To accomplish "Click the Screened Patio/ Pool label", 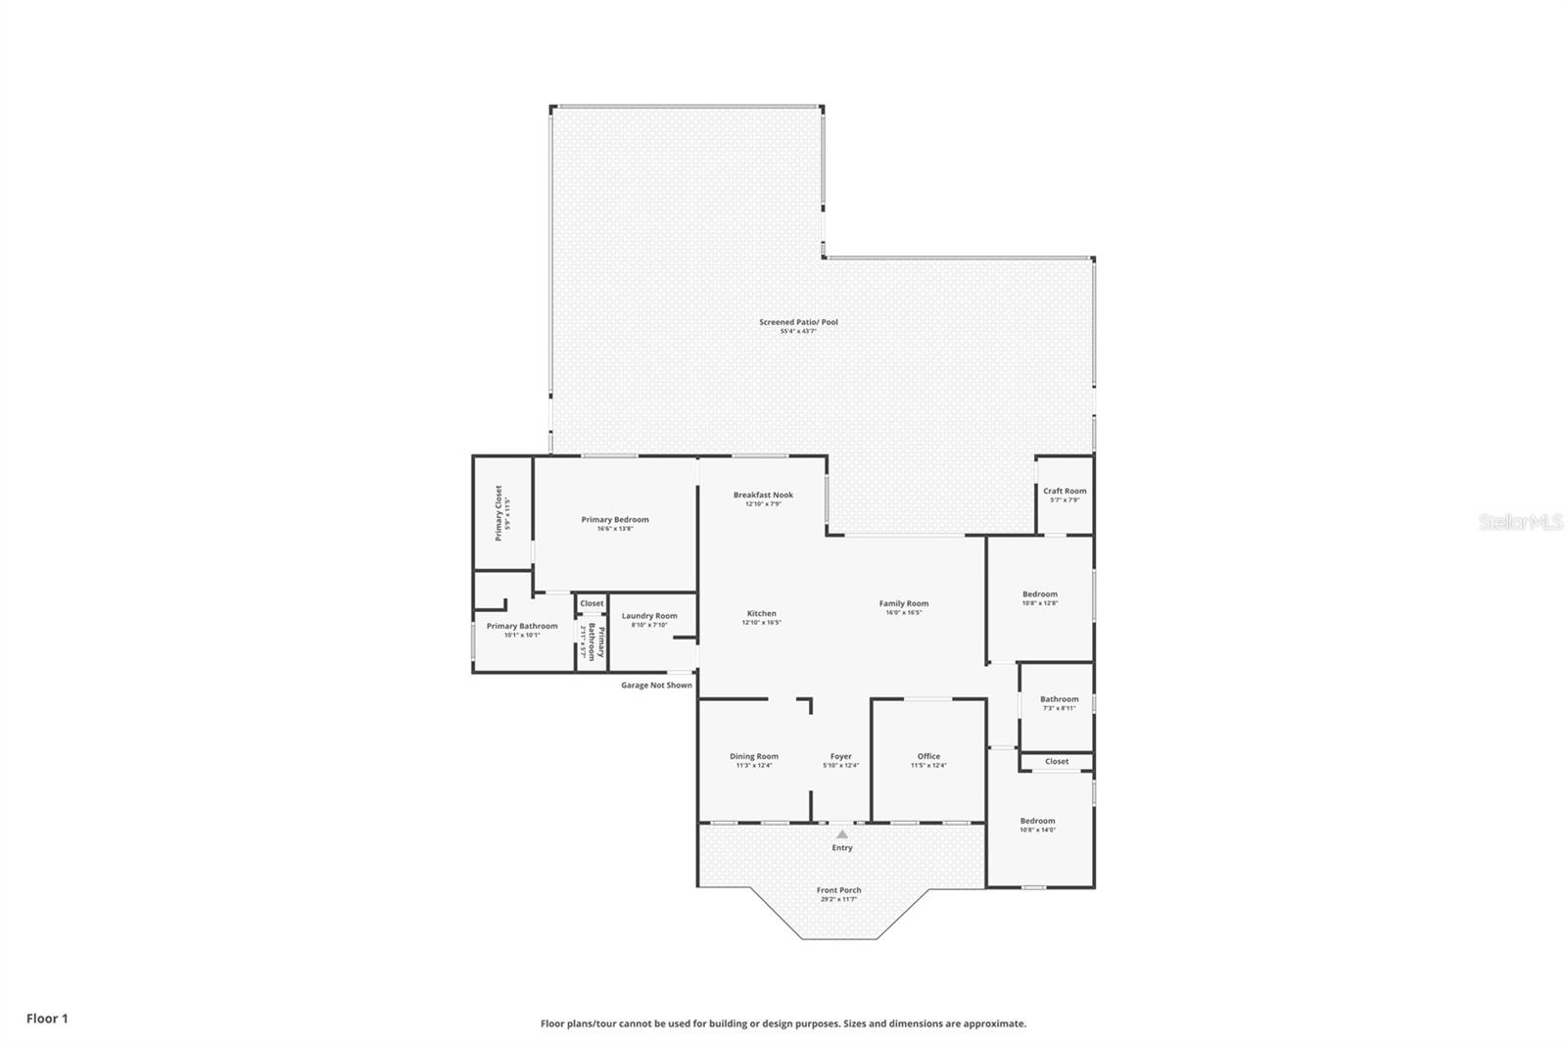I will point(798,322).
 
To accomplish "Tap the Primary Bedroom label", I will point(615,520).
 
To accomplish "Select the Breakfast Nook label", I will point(763,495).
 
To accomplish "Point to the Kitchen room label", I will point(762,614).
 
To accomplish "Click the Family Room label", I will point(903,604).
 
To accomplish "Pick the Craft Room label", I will point(1065,492).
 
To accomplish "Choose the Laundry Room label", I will point(649,616).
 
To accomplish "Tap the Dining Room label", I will point(754,756).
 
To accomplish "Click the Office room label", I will point(928,756).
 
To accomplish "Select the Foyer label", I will point(840,756).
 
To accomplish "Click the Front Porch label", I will point(839,890).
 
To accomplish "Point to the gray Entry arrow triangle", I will point(841,834).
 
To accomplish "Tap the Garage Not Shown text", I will point(656,686).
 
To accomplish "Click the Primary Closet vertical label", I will point(499,512).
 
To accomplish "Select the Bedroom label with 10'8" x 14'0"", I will point(1037,821).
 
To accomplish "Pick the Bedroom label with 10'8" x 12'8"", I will point(1040,594).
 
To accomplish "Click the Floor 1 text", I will point(47,1019).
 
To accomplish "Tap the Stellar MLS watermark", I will point(1521,523).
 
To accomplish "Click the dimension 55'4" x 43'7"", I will point(798,332).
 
